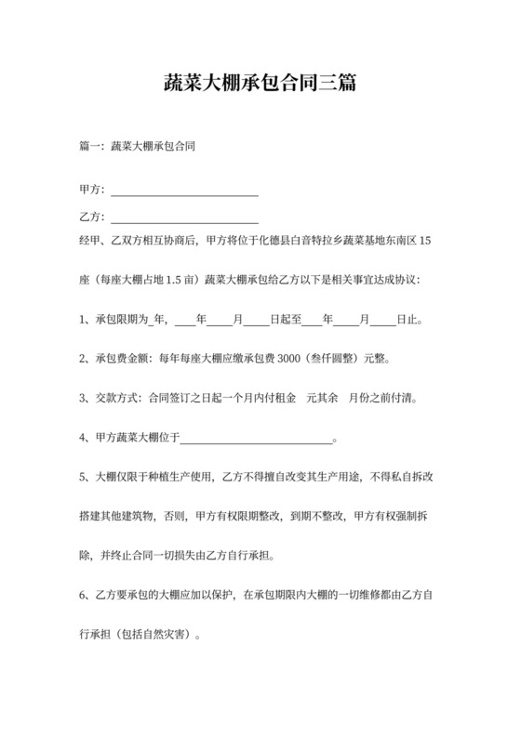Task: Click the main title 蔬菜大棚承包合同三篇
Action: coord(260,85)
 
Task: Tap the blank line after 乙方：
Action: coord(184,219)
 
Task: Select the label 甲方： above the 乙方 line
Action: coord(94,190)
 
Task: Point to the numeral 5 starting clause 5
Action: coord(84,479)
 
